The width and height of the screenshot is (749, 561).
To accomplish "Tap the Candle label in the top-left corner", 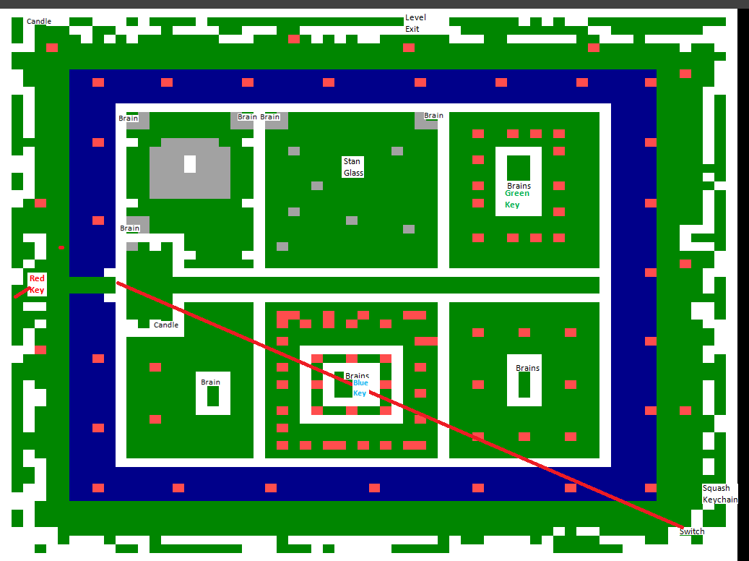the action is coord(39,21).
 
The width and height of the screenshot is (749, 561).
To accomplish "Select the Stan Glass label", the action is coord(353,167).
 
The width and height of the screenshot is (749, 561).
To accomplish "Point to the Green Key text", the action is coord(517,199).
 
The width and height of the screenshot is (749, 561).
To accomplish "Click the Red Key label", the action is coord(37,284).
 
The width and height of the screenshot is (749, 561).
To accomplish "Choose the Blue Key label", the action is coord(360,388).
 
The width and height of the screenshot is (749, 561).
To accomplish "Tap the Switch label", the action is coord(692,531).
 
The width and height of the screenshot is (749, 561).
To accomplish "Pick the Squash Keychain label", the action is coord(720,494).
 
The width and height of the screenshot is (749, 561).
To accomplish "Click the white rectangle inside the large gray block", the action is coord(190,164).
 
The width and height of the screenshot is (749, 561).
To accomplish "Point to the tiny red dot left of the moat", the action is coord(61,248).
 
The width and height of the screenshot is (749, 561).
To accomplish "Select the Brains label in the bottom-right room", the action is coord(527,368).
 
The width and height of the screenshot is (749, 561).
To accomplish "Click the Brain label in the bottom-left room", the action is coord(210,382).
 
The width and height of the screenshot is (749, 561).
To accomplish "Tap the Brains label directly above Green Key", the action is coord(519,186).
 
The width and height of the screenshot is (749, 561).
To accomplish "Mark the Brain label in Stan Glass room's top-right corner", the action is coord(433,116).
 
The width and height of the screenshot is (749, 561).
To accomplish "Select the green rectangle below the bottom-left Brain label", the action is coord(213,396).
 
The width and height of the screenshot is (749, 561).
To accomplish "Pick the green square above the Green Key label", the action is coord(519,167).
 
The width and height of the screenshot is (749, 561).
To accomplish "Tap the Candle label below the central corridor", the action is coord(166,325).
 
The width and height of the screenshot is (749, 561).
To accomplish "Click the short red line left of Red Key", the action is coord(21,293).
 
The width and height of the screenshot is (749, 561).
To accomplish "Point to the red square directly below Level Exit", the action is coord(409,48).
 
